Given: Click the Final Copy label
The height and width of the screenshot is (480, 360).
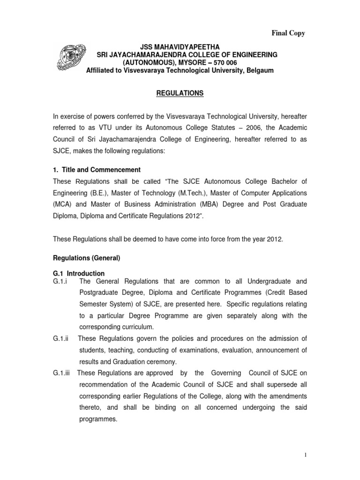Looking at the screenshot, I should tap(288, 33).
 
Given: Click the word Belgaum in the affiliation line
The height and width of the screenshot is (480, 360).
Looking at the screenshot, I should tap(257, 70).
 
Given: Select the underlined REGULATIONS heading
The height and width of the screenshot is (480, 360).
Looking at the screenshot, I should tap(180, 94).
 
